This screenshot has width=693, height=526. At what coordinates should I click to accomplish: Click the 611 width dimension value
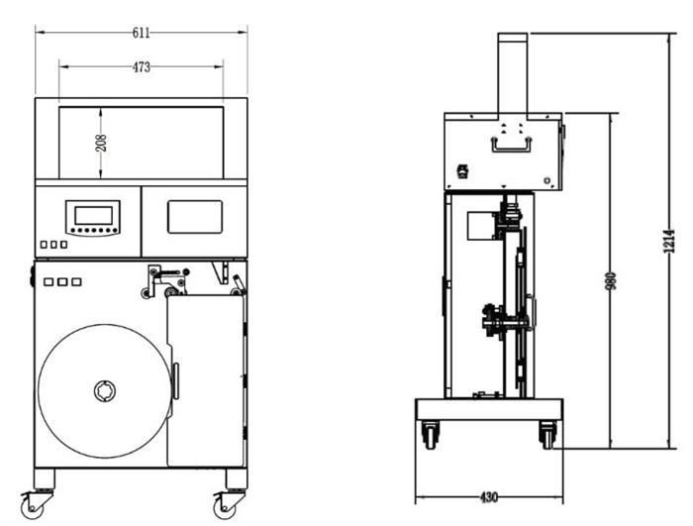pos(142,33)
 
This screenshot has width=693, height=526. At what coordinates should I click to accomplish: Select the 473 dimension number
pos(142,67)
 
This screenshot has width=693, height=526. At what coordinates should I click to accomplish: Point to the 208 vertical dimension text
pos(101,143)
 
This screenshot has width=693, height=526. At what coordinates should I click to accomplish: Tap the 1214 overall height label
pos(669,241)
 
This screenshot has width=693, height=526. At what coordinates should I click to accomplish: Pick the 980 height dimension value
pos(610,281)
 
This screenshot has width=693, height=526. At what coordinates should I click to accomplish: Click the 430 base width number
pos(489,497)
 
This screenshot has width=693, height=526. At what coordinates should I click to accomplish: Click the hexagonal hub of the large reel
pos(105,391)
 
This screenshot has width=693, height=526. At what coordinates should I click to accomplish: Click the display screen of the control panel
pos(93,215)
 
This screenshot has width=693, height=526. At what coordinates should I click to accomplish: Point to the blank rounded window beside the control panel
pos(195,217)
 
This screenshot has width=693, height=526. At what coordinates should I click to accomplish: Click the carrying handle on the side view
pos(512,145)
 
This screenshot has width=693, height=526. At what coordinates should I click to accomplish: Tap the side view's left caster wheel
pos(430,435)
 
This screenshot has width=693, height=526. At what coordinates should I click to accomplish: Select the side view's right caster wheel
pos(547,435)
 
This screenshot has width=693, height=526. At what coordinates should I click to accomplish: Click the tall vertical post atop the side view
pos(513,73)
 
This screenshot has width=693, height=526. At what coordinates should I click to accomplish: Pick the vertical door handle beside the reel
pos(176,381)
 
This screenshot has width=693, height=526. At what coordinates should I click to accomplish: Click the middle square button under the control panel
pos(53,245)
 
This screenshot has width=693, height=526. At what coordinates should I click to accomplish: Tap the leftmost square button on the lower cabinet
pos(49,281)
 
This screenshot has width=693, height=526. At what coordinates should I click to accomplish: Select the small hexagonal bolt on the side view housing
pos(547,180)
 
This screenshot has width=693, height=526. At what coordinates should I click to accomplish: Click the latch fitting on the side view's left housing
pos(462,171)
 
